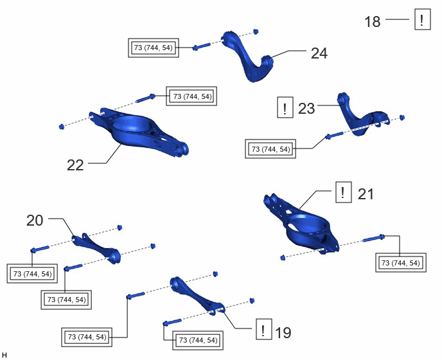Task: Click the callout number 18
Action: coord(373,22)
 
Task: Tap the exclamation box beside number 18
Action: coord(422,19)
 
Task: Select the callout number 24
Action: coord(319,53)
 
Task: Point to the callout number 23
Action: coord(306,109)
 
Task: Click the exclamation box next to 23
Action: coord(285,107)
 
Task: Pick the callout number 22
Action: coord(75,165)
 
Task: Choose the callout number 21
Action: coord(366,194)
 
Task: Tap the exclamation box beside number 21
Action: coord(343,192)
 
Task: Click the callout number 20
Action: coord(35,220)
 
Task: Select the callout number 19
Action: coord(283,332)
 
